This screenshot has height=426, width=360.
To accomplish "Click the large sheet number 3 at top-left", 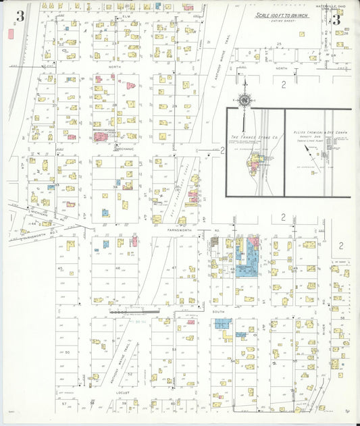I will (x=21, y=18).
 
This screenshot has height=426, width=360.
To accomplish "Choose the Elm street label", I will (x=126, y=15).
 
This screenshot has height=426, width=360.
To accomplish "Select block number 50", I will (x=67, y=352).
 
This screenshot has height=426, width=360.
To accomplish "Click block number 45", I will (x=60, y=268).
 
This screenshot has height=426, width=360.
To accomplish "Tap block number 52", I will (x=130, y=373).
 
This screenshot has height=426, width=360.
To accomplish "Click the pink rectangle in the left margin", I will (x=10, y=33).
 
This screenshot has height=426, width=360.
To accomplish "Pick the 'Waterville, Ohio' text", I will (x=336, y=8).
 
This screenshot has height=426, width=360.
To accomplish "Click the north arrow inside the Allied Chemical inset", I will (x=308, y=149).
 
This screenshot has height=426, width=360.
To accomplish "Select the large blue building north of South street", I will (x=247, y=270).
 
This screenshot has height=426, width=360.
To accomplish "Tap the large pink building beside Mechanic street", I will (x=100, y=136).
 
